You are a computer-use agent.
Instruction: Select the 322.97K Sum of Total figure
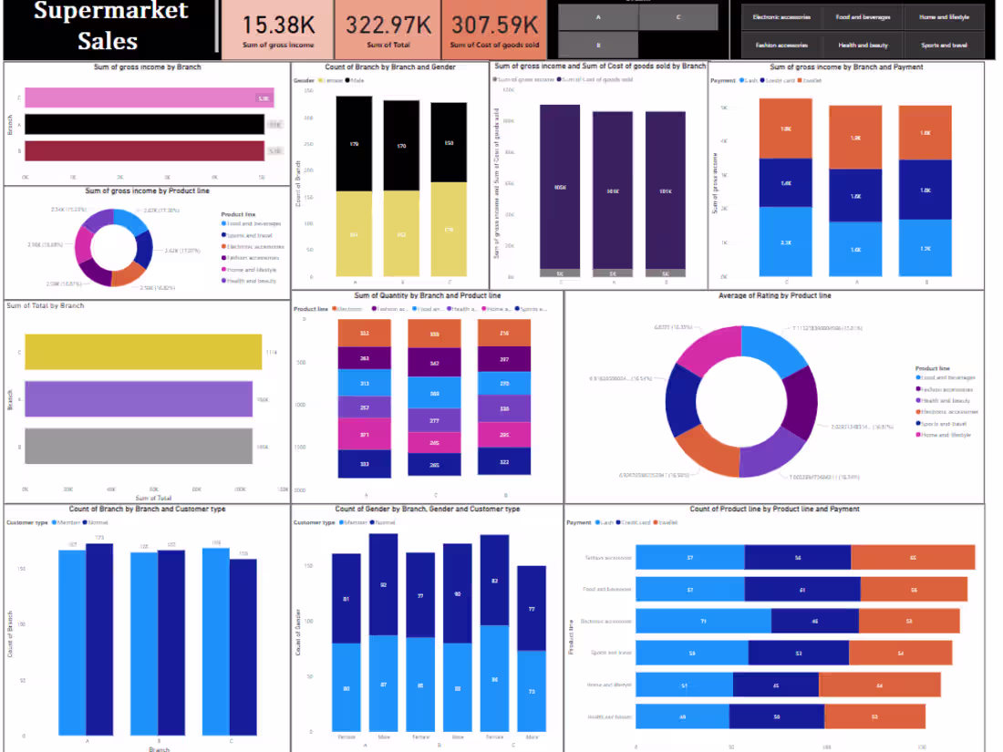coord(388,24)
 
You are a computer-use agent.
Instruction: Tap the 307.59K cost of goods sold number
coord(495,24)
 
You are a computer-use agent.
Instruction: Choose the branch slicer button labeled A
coord(597,17)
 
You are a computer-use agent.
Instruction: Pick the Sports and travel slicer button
coord(944,45)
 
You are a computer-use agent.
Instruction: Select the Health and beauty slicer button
coord(863,45)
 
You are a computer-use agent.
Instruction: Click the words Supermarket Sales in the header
coord(110,26)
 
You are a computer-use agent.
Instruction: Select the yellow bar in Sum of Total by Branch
coord(142,352)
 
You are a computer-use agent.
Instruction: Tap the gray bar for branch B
coord(138,447)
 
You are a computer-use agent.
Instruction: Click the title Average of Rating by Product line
coord(774,295)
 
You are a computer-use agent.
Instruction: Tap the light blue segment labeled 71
coord(703,622)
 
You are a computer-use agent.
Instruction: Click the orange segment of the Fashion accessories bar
coord(912,558)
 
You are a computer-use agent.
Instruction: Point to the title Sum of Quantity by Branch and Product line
coord(427,295)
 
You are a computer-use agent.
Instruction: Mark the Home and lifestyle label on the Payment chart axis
coord(610,685)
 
